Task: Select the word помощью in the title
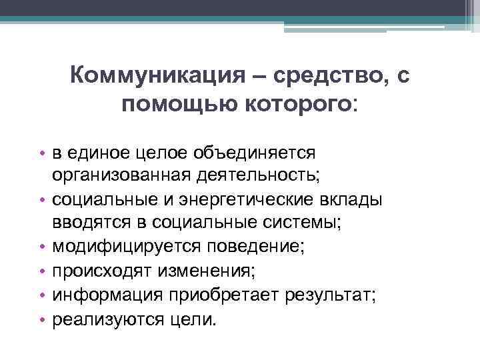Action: [167, 105]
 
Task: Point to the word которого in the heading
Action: [287, 105]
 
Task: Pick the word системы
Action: [302, 223]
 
